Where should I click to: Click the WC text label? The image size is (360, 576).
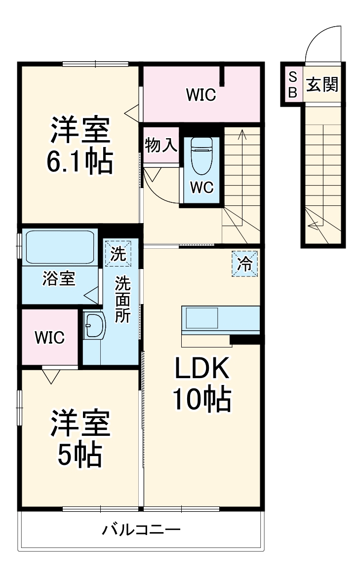[x=201, y=188]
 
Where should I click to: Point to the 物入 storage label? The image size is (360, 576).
[x=160, y=146]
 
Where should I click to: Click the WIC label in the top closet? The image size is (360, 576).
[x=201, y=95]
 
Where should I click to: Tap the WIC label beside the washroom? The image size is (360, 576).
[x=49, y=338]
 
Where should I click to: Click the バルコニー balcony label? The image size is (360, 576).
[x=141, y=531]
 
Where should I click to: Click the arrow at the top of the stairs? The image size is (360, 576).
[x=242, y=133]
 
